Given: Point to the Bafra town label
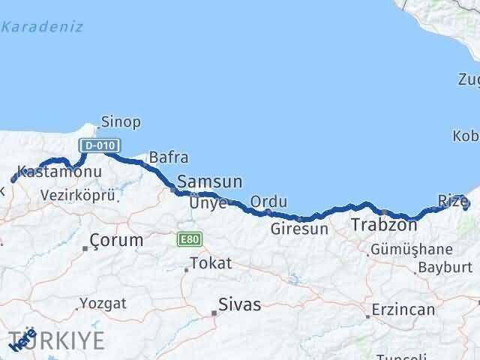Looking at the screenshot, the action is (x=169, y=158).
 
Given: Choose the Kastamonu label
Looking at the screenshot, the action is (x=58, y=172).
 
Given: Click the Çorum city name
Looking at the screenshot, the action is (x=116, y=241).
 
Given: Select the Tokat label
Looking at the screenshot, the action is (x=211, y=264).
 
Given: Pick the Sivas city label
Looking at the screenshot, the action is (x=240, y=304).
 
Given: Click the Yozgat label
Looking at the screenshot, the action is (x=103, y=304).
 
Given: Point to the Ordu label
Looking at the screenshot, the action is (x=268, y=202).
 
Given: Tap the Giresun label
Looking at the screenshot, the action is (x=299, y=229).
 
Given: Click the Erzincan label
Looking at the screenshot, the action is (x=406, y=310).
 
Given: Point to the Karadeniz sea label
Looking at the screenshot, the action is (x=42, y=28).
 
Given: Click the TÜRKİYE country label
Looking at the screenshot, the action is (x=67, y=339).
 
